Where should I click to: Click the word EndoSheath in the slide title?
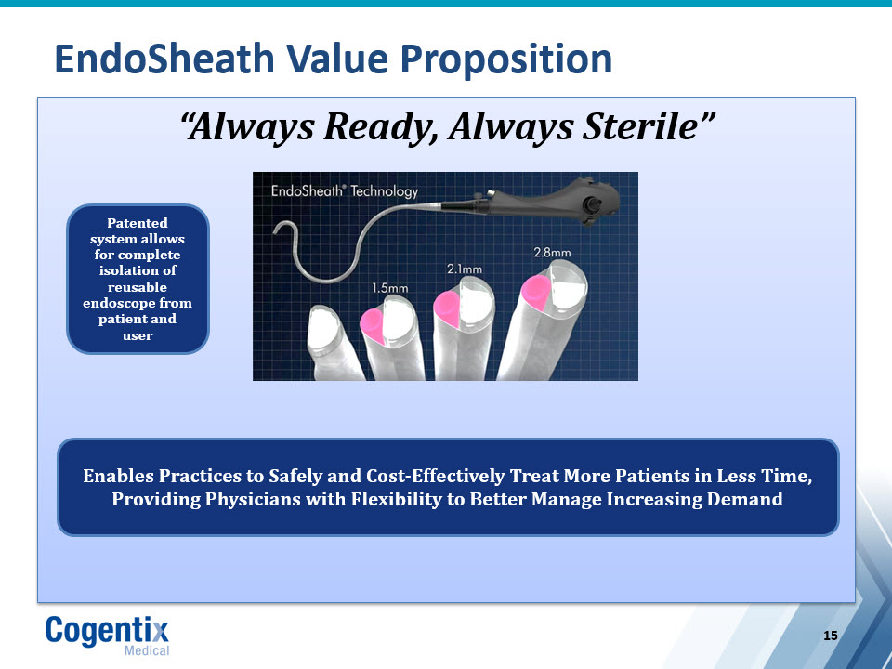(164, 59)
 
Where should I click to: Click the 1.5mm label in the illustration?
(390, 288)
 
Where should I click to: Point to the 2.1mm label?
(465, 269)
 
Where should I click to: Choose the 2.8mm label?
(552, 252)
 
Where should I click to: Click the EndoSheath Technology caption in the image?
(345, 191)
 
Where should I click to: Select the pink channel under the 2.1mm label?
(447, 308)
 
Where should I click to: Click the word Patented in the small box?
(138, 222)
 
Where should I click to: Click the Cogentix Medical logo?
(108, 636)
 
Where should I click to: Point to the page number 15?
(831, 636)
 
